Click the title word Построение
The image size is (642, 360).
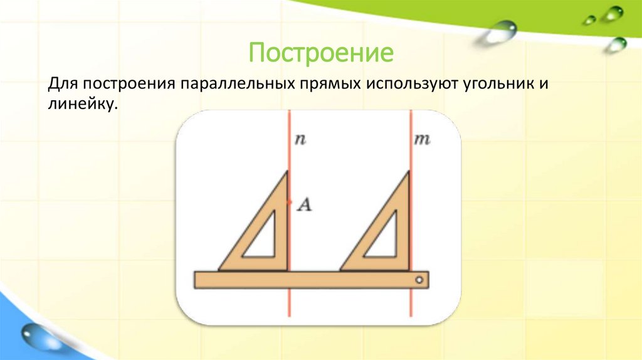coord(321,53)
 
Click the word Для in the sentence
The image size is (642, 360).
coord(62,83)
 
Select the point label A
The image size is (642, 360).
coord(304,203)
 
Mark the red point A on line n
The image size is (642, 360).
coord(289,201)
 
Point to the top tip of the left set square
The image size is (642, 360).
coord(287,172)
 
